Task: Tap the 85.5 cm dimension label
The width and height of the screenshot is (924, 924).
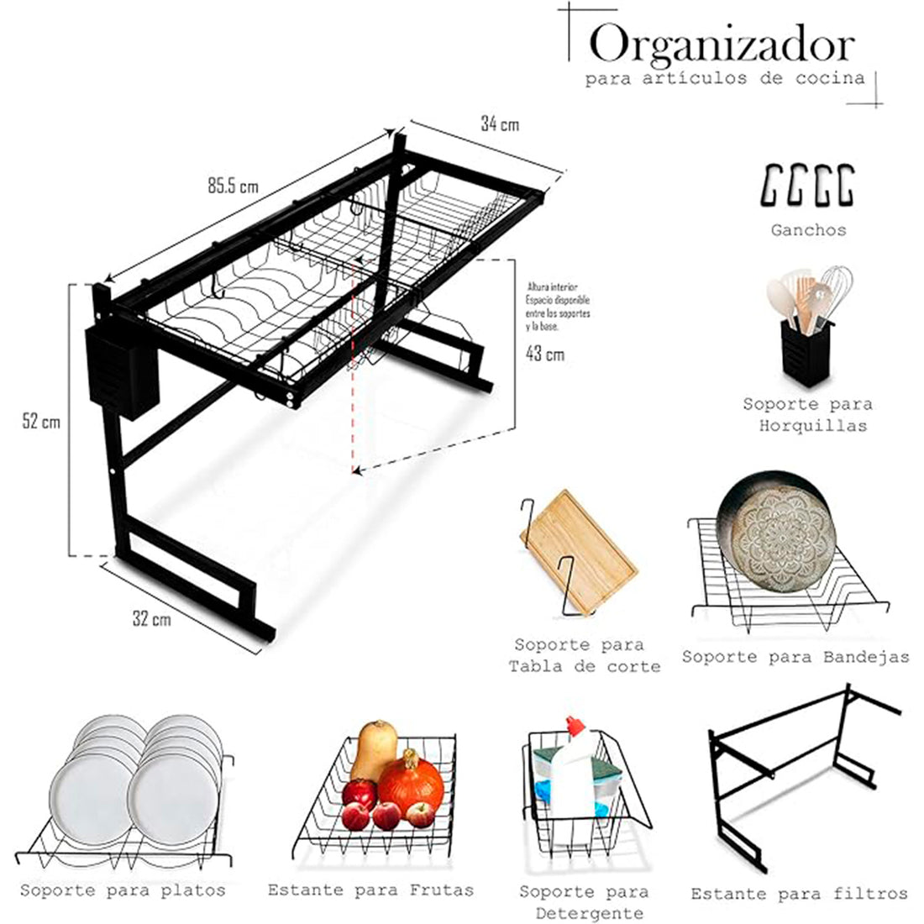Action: pyautogui.click(x=233, y=186)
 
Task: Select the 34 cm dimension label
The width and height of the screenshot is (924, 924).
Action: pyautogui.click(x=499, y=124)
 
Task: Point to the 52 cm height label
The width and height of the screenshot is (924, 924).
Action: pyautogui.click(x=41, y=422)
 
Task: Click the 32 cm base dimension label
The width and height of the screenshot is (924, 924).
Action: pyautogui.click(x=151, y=619)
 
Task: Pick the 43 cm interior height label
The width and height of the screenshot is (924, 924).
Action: pyautogui.click(x=544, y=354)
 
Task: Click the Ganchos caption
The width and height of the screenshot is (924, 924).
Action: pyautogui.click(x=808, y=229)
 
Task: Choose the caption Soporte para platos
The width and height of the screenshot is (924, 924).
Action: pyautogui.click(x=123, y=890)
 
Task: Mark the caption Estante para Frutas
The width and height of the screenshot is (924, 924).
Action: pyautogui.click(x=370, y=890)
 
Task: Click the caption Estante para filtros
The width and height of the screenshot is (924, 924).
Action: pyautogui.click(x=799, y=894)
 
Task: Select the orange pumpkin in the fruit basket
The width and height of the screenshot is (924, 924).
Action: pyautogui.click(x=410, y=782)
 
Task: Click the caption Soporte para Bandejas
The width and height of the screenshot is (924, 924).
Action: pyautogui.click(x=795, y=657)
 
